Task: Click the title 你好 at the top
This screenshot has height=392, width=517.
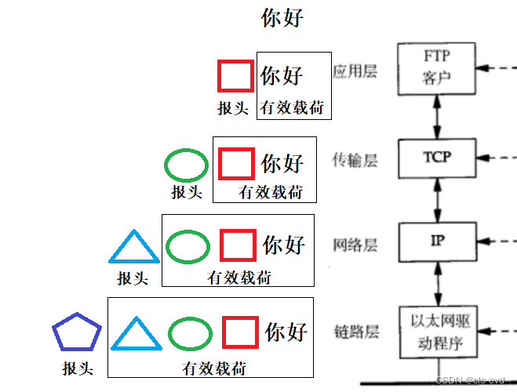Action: coord(282,19)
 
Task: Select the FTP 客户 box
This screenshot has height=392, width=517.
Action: coord(437,67)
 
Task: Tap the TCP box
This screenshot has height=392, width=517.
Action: coord(438,157)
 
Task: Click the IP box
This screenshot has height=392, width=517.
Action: coord(437,241)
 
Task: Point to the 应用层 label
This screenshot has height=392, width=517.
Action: coord(355,72)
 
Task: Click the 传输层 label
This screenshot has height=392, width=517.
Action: coord(355,161)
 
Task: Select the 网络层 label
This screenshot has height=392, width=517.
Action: coord(355,245)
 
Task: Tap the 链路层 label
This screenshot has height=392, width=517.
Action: coord(355,331)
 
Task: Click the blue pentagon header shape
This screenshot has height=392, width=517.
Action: coord(76,335)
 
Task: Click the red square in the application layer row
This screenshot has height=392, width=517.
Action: coord(235,76)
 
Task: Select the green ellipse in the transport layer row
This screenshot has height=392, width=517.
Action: coord(186,165)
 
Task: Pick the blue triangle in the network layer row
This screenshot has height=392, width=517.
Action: coord(133,246)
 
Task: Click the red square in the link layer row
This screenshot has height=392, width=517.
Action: coord(241,332)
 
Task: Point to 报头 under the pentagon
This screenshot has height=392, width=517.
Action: coord(78,367)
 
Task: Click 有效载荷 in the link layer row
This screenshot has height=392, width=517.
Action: coord(214,367)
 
